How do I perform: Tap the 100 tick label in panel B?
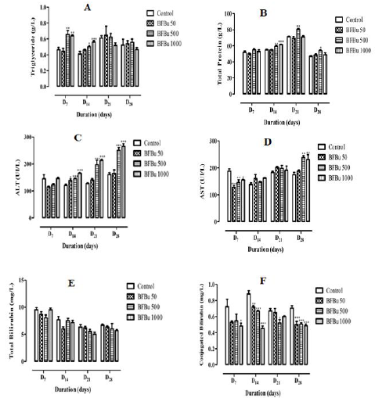tap(222, 14)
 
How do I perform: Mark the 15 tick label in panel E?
tap(29, 288)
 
